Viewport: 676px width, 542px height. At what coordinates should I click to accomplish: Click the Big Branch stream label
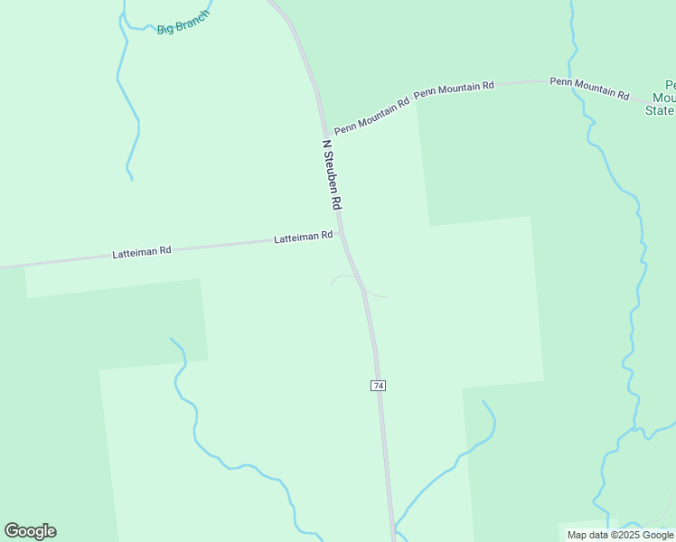click(x=183, y=22)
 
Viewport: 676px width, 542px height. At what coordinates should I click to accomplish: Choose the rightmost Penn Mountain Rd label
click(x=589, y=87)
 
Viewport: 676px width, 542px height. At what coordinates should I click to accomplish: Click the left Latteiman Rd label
click(x=142, y=254)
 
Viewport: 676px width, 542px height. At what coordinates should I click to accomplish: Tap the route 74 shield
click(x=378, y=386)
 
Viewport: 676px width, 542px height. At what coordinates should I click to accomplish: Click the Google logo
click(x=30, y=531)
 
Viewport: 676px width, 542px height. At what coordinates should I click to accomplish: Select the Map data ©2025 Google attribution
click(x=620, y=535)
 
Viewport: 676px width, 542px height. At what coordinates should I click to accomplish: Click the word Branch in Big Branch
click(x=193, y=18)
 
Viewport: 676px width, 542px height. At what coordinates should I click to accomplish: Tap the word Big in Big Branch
click(x=164, y=30)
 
